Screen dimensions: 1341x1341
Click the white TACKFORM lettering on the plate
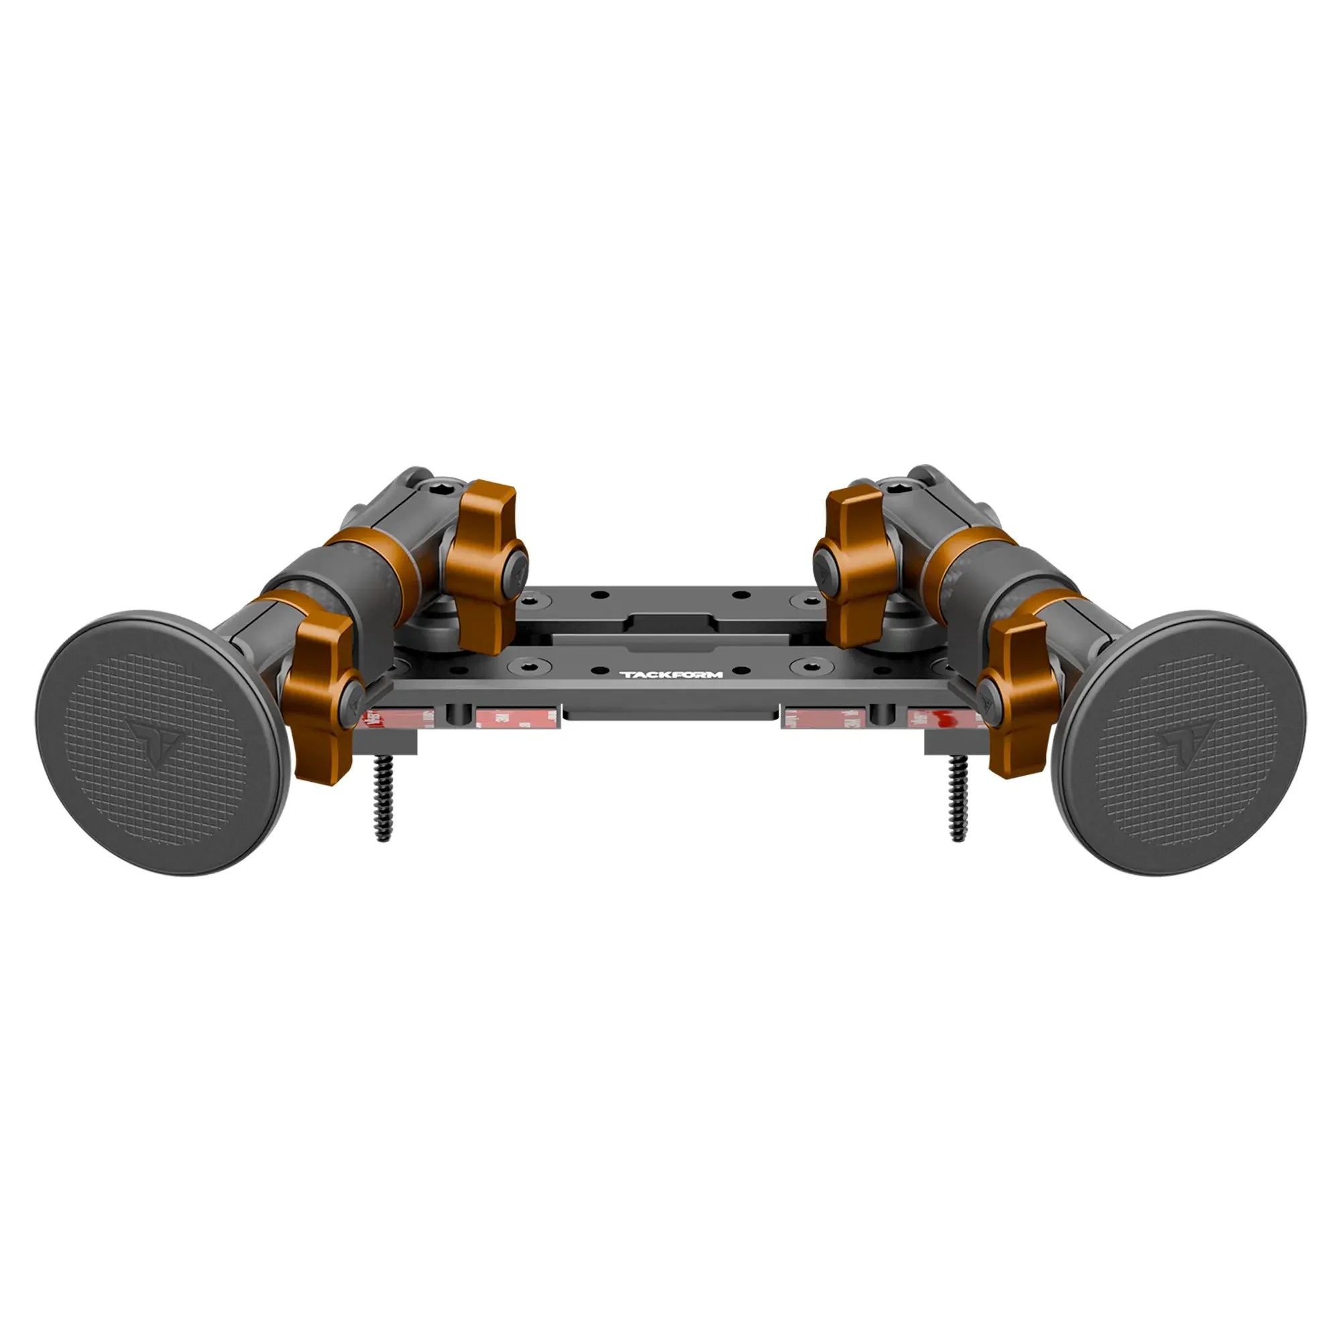[670, 674]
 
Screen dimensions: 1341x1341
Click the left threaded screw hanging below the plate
[382, 797]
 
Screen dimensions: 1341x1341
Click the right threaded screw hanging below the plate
[959, 797]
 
